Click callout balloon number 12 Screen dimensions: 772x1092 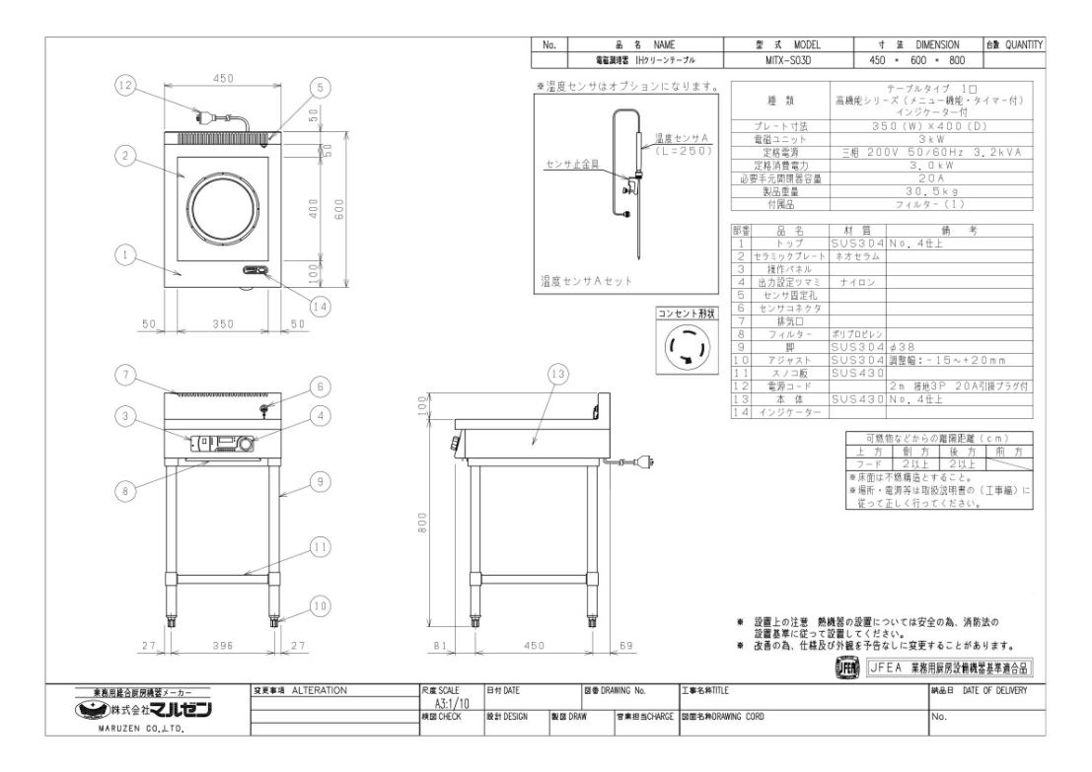[x=124, y=87]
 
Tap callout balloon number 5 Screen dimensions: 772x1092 [x=319, y=87]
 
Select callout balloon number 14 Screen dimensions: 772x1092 [x=318, y=307]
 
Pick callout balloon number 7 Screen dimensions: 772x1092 [x=124, y=375]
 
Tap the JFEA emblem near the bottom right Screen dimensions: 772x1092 [x=846, y=668]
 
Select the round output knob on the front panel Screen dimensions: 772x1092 [x=244, y=445]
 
